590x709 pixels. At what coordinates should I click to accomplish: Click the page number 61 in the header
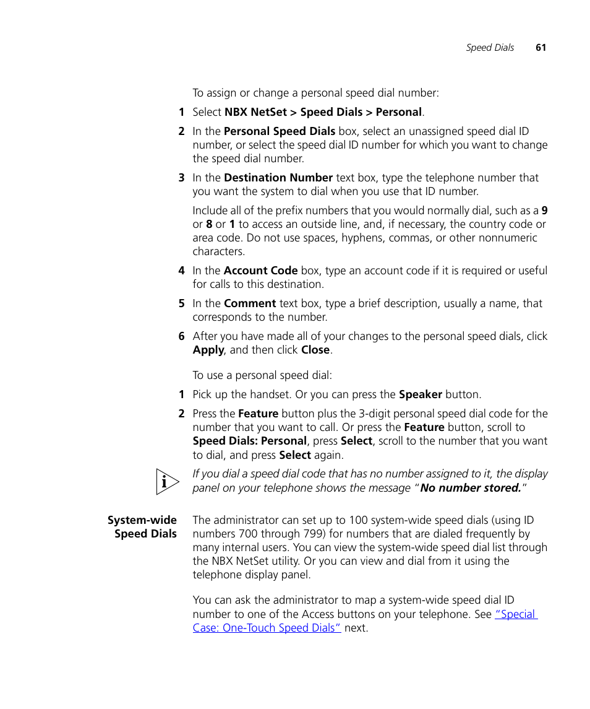click(x=541, y=48)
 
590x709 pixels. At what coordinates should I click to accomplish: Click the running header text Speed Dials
click(x=490, y=48)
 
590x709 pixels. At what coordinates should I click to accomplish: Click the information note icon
click(x=167, y=482)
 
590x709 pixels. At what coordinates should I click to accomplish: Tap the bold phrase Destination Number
click(x=278, y=178)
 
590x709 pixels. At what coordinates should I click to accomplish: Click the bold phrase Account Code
click(x=260, y=271)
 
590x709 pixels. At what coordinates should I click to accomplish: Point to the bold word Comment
click(x=250, y=303)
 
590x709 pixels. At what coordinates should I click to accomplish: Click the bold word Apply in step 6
click(x=208, y=350)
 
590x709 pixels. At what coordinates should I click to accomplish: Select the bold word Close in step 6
click(x=315, y=350)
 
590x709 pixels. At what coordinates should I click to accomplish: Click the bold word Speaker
click(x=420, y=394)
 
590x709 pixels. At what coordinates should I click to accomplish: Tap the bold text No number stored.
click(x=471, y=488)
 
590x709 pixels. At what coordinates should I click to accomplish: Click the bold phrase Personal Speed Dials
click(x=280, y=131)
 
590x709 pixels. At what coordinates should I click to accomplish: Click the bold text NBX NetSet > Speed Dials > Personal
click(x=323, y=112)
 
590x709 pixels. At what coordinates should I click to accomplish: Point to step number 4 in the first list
click(x=181, y=271)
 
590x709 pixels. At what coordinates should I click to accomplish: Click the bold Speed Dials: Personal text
click(x=249, y=441)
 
